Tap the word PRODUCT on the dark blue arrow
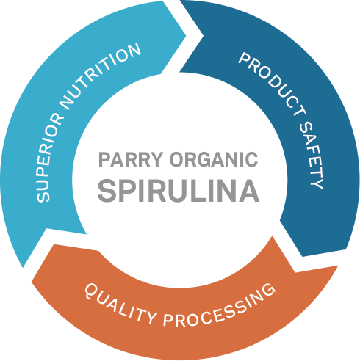(272, 83)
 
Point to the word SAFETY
(312, 155)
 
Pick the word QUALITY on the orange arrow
(120, 304)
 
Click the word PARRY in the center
(131, 159)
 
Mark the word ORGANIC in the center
(214, 159)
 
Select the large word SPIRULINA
(179, 191)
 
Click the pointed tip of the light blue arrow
(186, 36)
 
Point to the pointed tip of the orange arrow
(32, 282)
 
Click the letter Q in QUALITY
(90, 291)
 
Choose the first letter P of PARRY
(104, 159)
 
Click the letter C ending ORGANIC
(251, 159)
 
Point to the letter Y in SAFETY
(317, 182)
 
